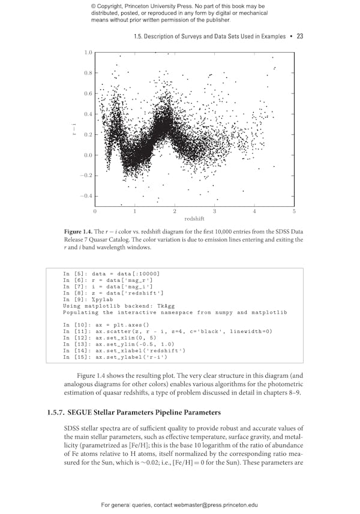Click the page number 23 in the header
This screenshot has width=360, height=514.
pos(299,36)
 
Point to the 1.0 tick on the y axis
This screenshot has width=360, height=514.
pos(88,53)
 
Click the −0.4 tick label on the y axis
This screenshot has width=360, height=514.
pos(86,196)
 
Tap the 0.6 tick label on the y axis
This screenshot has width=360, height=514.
pos(88,94)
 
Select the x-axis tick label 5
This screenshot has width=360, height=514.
pos(294,211)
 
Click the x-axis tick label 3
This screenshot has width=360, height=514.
pos(214,211)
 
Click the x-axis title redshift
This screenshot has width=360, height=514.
pos(194,219)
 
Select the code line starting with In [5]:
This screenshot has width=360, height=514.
pos(111,273)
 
